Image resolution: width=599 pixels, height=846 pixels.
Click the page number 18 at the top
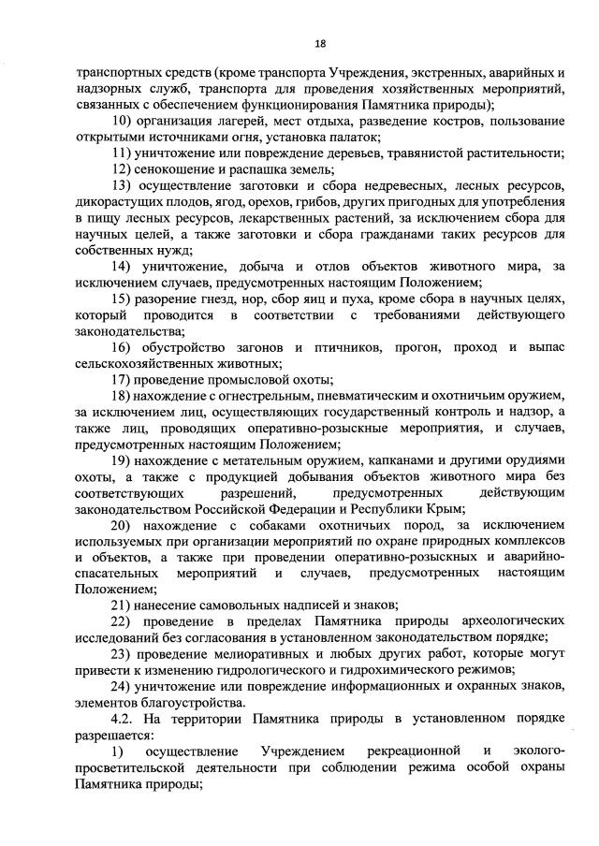[320, 43]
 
